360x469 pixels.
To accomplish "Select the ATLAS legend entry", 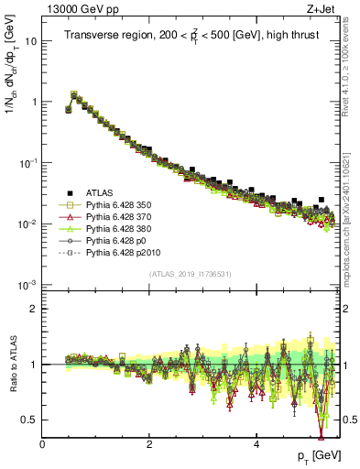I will coord(102,193).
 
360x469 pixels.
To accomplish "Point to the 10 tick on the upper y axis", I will coord(31,41).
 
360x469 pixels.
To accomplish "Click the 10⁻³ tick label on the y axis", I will coord(27,285).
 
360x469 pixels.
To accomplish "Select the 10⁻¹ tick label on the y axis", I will coord(27,163).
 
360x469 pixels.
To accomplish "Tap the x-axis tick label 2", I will coord(149,444).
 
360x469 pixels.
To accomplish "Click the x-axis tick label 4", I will coord(256,444).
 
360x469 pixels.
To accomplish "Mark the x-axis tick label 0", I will coord(42,444).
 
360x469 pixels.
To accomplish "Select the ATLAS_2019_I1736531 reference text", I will coord(190,274).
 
